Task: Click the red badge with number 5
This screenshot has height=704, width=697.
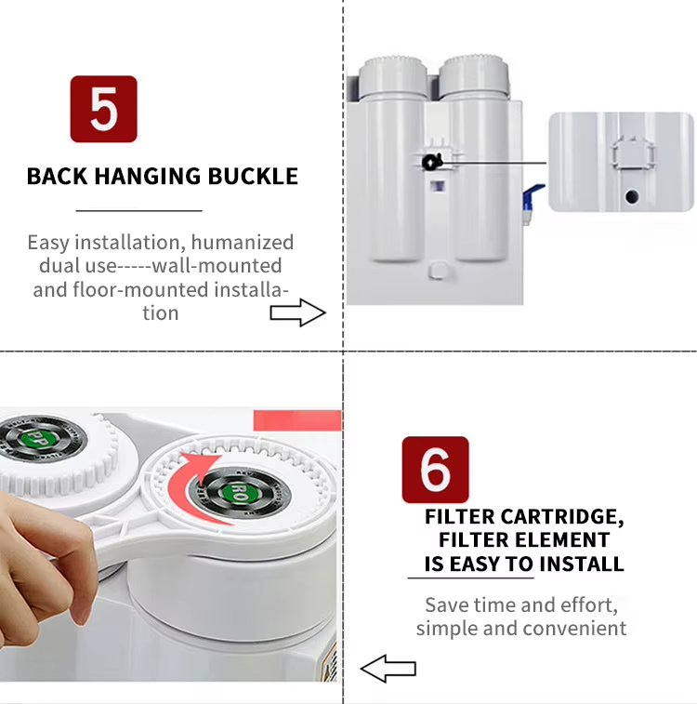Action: coord(103,109)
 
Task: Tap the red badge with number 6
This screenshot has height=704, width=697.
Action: coord(435,470)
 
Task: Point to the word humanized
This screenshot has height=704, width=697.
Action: coord(243,242)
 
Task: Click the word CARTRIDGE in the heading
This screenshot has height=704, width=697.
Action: coord(561,517)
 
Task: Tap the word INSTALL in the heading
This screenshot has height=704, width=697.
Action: coord(581,564)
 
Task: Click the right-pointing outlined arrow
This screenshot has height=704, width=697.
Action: coord(297,312)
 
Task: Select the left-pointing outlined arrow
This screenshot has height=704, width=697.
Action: coord(388,669)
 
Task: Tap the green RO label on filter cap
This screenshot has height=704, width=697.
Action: coord(240,493)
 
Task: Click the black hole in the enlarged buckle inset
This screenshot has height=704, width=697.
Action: coord(632,196)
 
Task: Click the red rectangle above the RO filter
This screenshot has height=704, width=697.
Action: coord(297,420)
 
